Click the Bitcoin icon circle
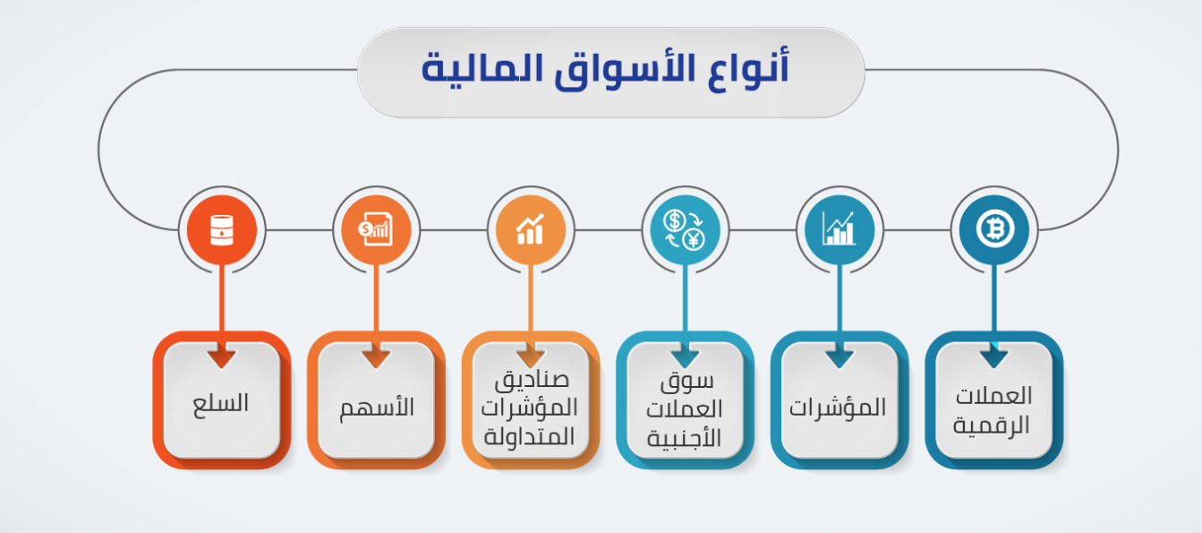(993, 229)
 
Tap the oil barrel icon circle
(222, 229)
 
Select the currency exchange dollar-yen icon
(685, 229)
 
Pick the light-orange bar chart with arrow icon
(531, 229)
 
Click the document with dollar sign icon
(376, 229)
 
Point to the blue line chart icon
(840, 229)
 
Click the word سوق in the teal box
(686, 383)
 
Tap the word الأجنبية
(686, 438)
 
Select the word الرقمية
(992, 424)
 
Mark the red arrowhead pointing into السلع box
(222, 358)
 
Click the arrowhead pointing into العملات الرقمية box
(993, 358)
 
